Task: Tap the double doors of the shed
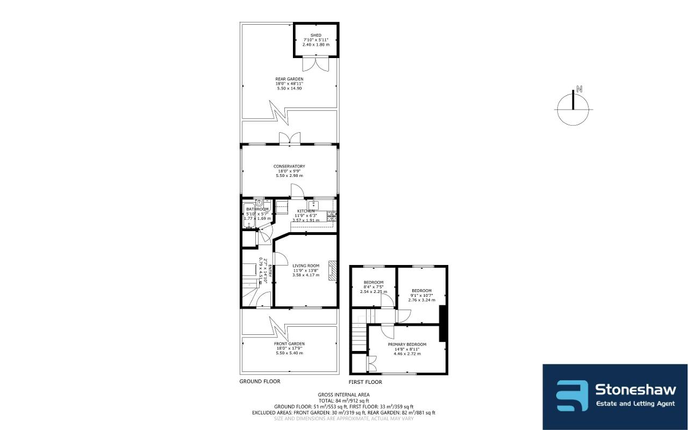(x=315, y=64)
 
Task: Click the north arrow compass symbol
(x=573, y=108)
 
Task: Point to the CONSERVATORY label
(x=289, y=166)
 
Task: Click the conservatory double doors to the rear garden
(x=289, y=138)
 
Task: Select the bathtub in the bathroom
(x=248, y=216)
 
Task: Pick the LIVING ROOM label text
(x=306, y=266)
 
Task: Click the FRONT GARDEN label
(x=289, y=343)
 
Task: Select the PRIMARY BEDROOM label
(x=407, y=345)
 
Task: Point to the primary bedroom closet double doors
(x=371, y=363)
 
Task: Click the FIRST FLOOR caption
(x=365, y=382)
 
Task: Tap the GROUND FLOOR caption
(x=260, y=382)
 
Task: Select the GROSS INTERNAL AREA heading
(x=343, y=395)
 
